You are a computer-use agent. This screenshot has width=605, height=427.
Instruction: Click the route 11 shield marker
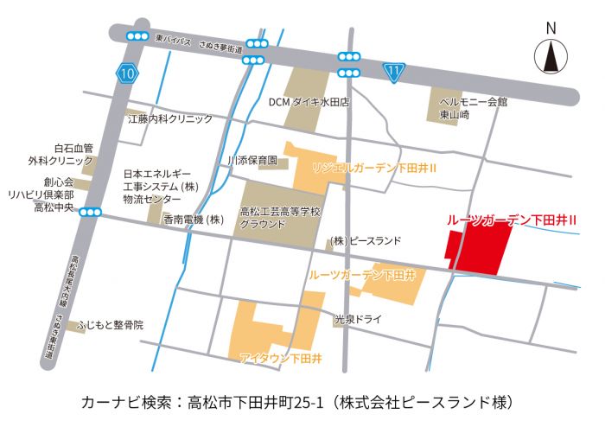(x=395, y=73)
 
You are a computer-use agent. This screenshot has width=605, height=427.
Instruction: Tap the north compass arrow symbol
(x=550, y=58)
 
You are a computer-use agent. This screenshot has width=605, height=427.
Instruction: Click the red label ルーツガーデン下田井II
(x=512, y=220)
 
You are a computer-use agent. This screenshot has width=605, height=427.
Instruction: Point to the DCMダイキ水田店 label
(x=308, y=102)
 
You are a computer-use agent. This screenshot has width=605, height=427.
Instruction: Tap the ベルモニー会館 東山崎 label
(x=472, y=107)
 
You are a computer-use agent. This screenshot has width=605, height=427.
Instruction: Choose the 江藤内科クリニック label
(x=169, y=118)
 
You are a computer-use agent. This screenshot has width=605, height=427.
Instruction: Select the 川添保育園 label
(x=252, y=161)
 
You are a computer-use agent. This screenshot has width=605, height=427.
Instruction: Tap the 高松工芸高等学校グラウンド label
(x=280, y=217)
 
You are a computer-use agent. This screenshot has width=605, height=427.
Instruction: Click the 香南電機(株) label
(x=194, y=220)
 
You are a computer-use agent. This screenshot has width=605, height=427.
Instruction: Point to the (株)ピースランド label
(x=365, y=240)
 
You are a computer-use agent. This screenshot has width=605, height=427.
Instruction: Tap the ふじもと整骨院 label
(x=110, y=325)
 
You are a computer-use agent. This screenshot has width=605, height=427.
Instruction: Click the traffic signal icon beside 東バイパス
(x=137, y=35)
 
